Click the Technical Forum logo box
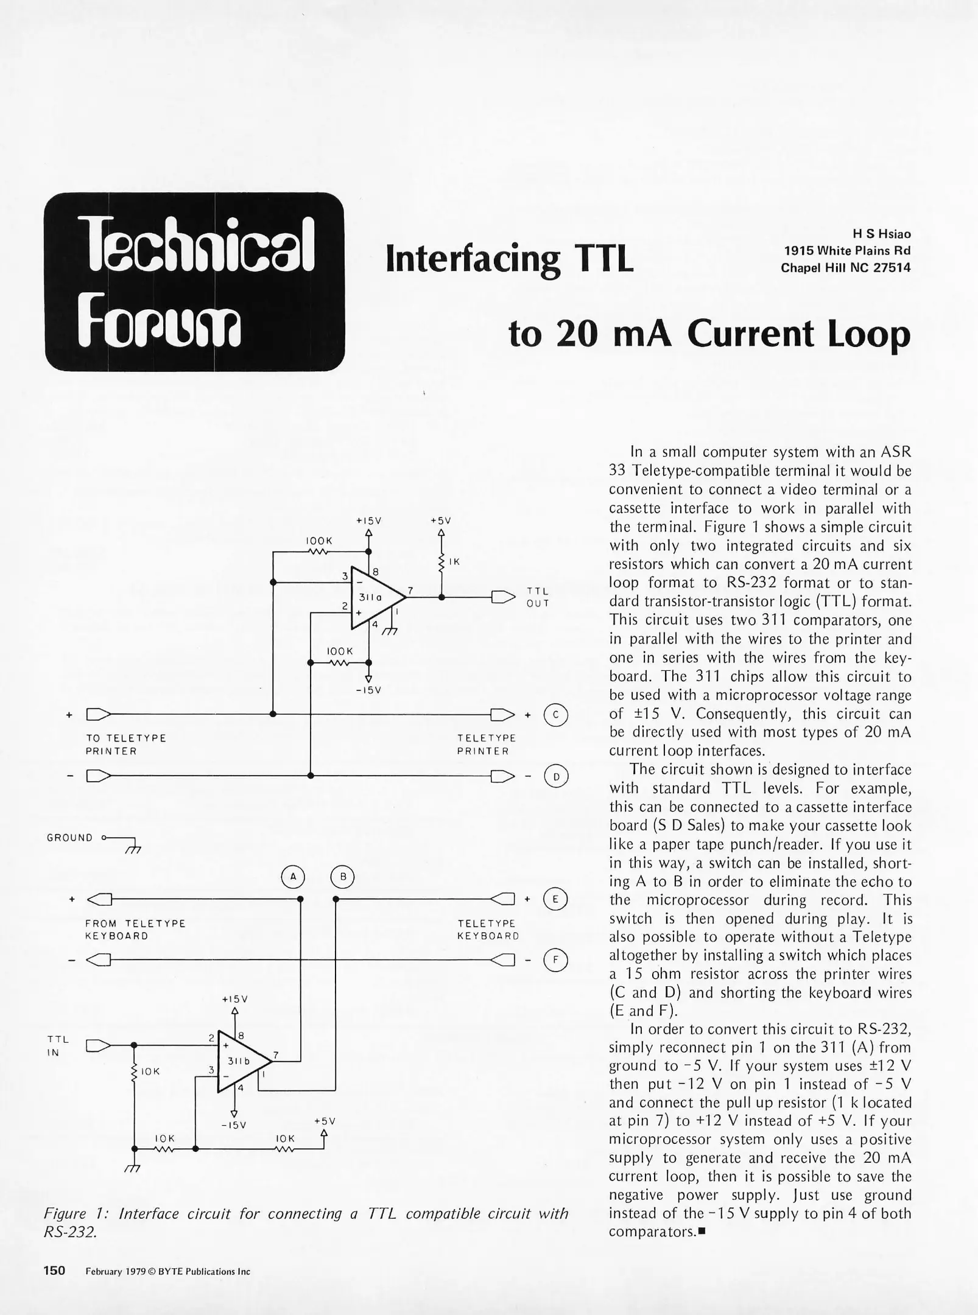pyautogui.click(x=195, y=281)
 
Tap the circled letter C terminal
pyautogui.click(x=555, y=714)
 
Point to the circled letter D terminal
pyautogui.click(x=555, y=776)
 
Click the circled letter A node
pyautogui.click(x=293, y=877)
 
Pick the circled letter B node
pyautogui.click(x=342, y=877)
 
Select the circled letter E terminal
pyautogui.click(x=555, y=899)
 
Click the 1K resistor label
pyautogui.click(x=454, y=562)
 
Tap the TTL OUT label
pyautogui.click(x=538, y=597)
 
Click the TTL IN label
pyautogui.click(x=58, y=1045)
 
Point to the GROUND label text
pyautogui.click(x=70, y=838)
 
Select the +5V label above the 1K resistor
pyautogui.click(x=440, y=521)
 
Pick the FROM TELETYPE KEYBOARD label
pyautogui.click(x=135, y=930)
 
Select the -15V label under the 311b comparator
pyautogui.click(x=234, y=1124)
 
